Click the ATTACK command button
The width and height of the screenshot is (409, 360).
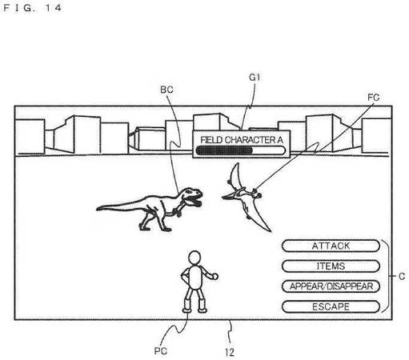point(331,246)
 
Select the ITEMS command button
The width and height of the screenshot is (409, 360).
point(331,266)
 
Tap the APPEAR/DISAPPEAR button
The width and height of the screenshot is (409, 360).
point(331,286)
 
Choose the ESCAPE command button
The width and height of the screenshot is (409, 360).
point(331,306)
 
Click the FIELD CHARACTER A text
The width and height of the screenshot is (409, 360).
point(242,140)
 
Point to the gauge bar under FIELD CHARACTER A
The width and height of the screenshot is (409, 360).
point(240,150)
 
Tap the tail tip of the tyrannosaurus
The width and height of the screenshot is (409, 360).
point(98,208)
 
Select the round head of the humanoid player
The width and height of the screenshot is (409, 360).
point(194,258)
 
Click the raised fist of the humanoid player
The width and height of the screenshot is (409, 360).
point(215,276)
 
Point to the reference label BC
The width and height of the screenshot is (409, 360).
point(166,90)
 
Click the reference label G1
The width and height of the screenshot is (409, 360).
point(255,78)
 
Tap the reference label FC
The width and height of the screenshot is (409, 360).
point(373,98)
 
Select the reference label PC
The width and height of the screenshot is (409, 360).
point(161,350)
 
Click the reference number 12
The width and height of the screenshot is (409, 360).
point(230,352)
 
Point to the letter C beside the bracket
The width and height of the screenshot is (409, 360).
point(402,276)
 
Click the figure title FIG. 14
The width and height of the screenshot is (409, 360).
point(33,8)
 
